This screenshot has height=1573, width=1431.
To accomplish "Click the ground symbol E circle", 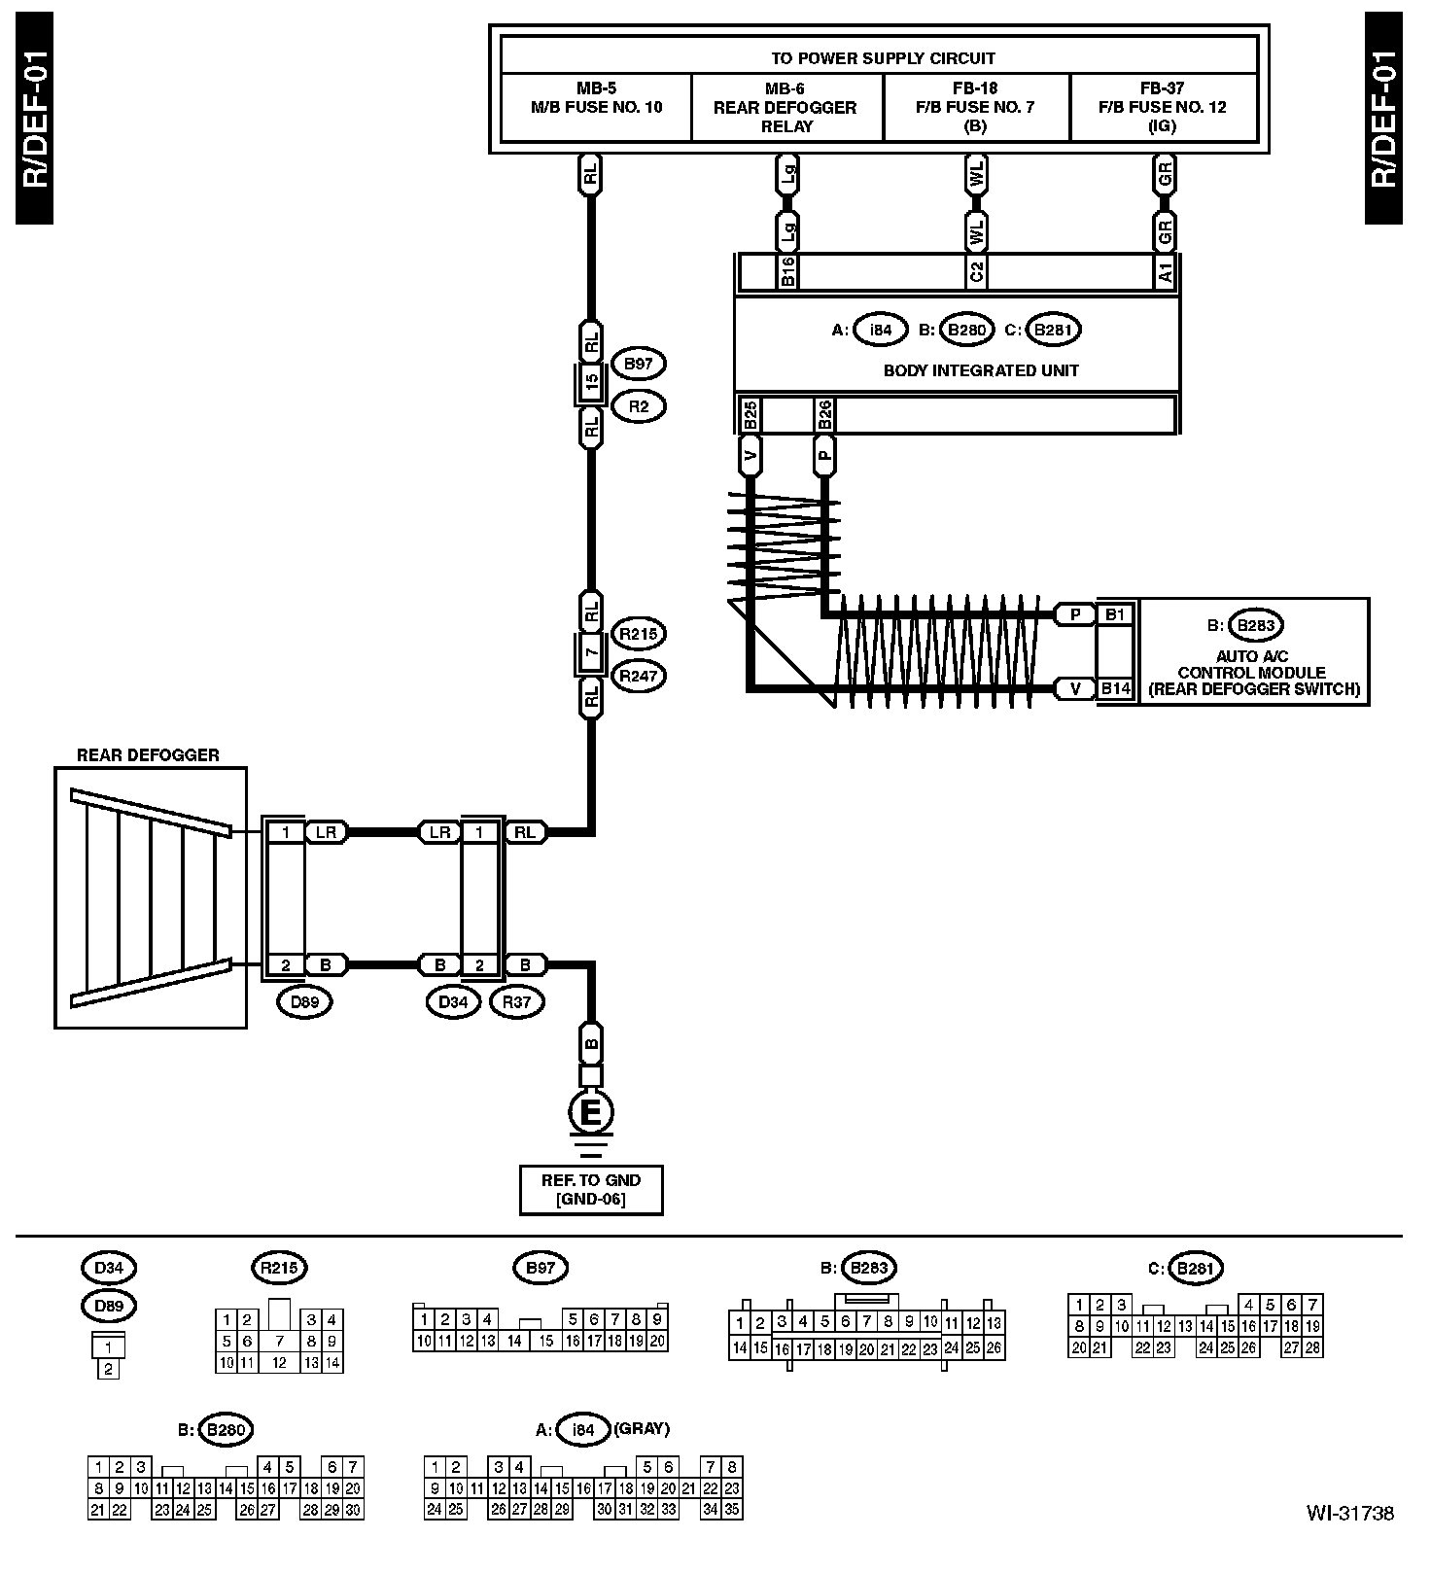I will click(590, 1111).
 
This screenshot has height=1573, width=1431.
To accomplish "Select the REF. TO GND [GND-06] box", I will click(591, 1189).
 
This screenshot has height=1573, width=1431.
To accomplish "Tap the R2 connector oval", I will click(638, 406).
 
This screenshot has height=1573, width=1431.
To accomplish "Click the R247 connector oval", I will click(639, 676).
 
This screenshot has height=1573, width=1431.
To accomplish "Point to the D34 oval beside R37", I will click(453, 1001).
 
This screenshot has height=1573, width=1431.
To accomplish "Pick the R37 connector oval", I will click(516, 1001).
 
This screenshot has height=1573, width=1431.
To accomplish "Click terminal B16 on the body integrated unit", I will click(787, 272).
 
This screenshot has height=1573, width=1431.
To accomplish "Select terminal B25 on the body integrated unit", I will click(750, 415).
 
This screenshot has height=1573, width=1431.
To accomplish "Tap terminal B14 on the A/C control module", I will click(1115, 688).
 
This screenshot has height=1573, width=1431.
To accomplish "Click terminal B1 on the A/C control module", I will click(1115, 614).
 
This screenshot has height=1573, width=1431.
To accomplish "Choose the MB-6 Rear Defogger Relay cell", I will click(785, 107).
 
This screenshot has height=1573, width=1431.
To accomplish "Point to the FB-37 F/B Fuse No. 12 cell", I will click(1163, 107).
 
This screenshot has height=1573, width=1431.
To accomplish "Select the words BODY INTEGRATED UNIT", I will click(981, 370).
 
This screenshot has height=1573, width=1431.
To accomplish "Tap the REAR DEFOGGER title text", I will click(148, 754).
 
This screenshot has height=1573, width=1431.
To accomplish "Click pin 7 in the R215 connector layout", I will click(279, 1341).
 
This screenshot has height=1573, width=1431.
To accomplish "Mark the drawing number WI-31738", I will click(1349, 1513).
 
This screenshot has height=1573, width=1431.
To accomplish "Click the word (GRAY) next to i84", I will click(642, 1428).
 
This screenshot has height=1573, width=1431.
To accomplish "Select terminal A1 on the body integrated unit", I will click(1165, 272).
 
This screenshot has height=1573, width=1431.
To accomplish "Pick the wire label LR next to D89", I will click(326, 832).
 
